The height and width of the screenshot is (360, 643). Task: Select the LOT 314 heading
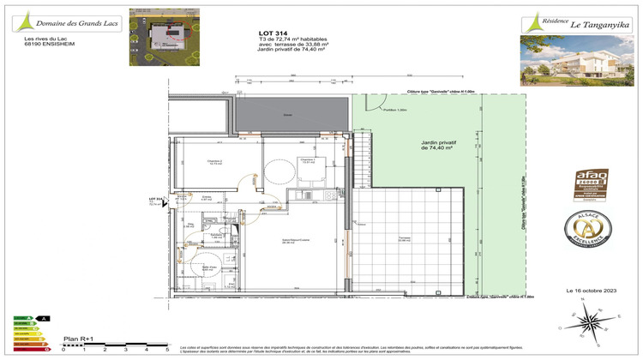[x=272, y=32]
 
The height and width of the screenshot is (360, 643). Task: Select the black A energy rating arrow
[x=44, y=318]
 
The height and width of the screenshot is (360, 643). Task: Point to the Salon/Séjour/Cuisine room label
[x=274, y=242]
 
